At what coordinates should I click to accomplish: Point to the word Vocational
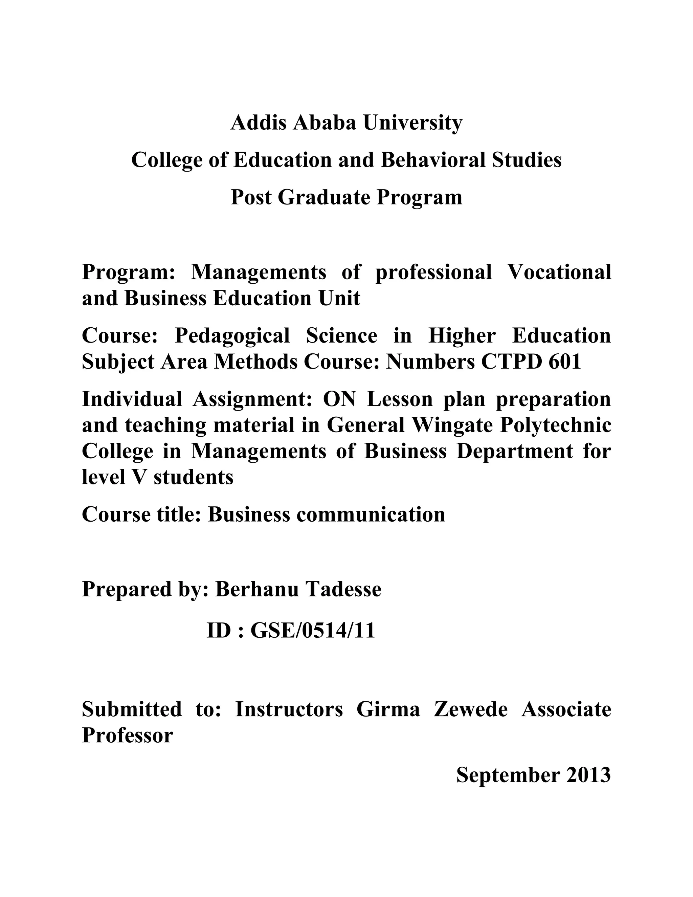click(x=559, y=272)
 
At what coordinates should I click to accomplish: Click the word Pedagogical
click(x=232, y=335)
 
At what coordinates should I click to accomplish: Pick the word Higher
click(x=462, y=335)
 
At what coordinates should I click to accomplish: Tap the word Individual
click(x=132, y=399)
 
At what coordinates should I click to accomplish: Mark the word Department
click(x=514, y=451)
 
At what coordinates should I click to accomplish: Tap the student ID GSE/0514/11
click(x=313, y=631)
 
